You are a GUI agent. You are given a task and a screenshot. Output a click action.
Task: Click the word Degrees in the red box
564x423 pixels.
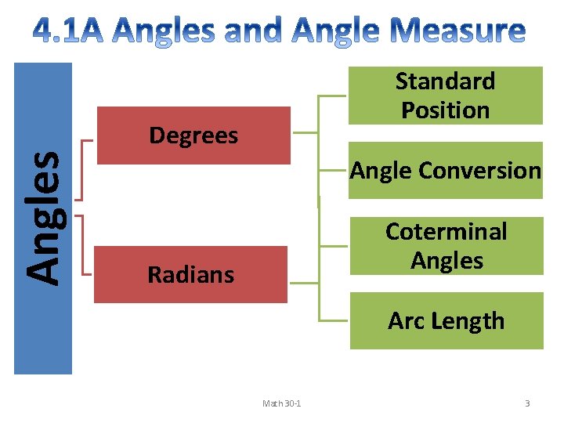click(x=193, y=136)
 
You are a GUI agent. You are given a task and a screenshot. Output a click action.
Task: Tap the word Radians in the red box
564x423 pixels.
click(x=190, y=274)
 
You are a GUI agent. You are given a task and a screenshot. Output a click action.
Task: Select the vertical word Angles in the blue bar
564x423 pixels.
click(x=43, y=217)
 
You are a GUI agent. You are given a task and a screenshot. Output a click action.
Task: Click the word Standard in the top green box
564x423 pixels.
click(x=445, y=81)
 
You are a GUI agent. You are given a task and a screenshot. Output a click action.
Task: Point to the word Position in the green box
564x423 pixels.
click(x=445, y=110)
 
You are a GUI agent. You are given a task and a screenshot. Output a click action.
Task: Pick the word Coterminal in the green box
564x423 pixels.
click(x=446, y=231)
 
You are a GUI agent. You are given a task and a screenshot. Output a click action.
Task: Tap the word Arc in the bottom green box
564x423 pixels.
click(x=404, y=320)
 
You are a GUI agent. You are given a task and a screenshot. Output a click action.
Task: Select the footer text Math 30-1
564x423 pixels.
click(x=282, y=403)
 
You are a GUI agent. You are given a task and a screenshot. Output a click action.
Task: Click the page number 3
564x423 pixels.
click(x=527, y=403)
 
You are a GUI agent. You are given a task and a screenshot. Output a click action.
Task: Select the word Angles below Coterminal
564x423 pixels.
click(x=446, y=260)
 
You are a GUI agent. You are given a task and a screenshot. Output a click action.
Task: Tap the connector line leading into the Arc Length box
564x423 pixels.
click(x=332, y=320)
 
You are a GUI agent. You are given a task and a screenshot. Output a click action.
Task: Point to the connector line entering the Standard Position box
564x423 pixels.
click(x=332, y=96)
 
